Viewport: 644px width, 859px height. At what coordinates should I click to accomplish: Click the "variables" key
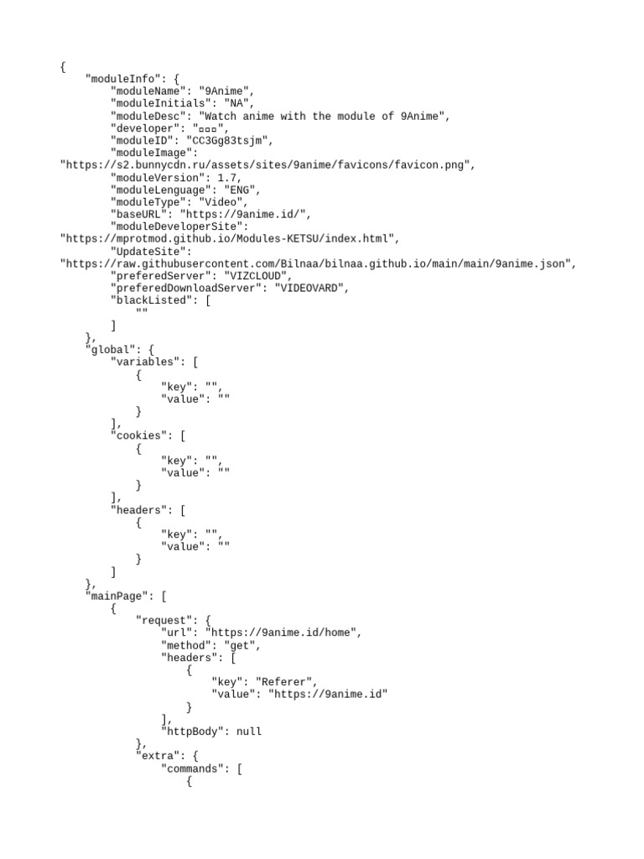[145, 362]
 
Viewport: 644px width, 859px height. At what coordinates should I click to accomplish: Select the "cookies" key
[139, 435]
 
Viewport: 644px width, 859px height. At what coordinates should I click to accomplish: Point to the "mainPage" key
[117, 596]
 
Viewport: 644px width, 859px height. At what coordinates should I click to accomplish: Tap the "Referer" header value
[286, 682]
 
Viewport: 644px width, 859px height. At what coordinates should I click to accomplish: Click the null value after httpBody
[249, 731]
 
